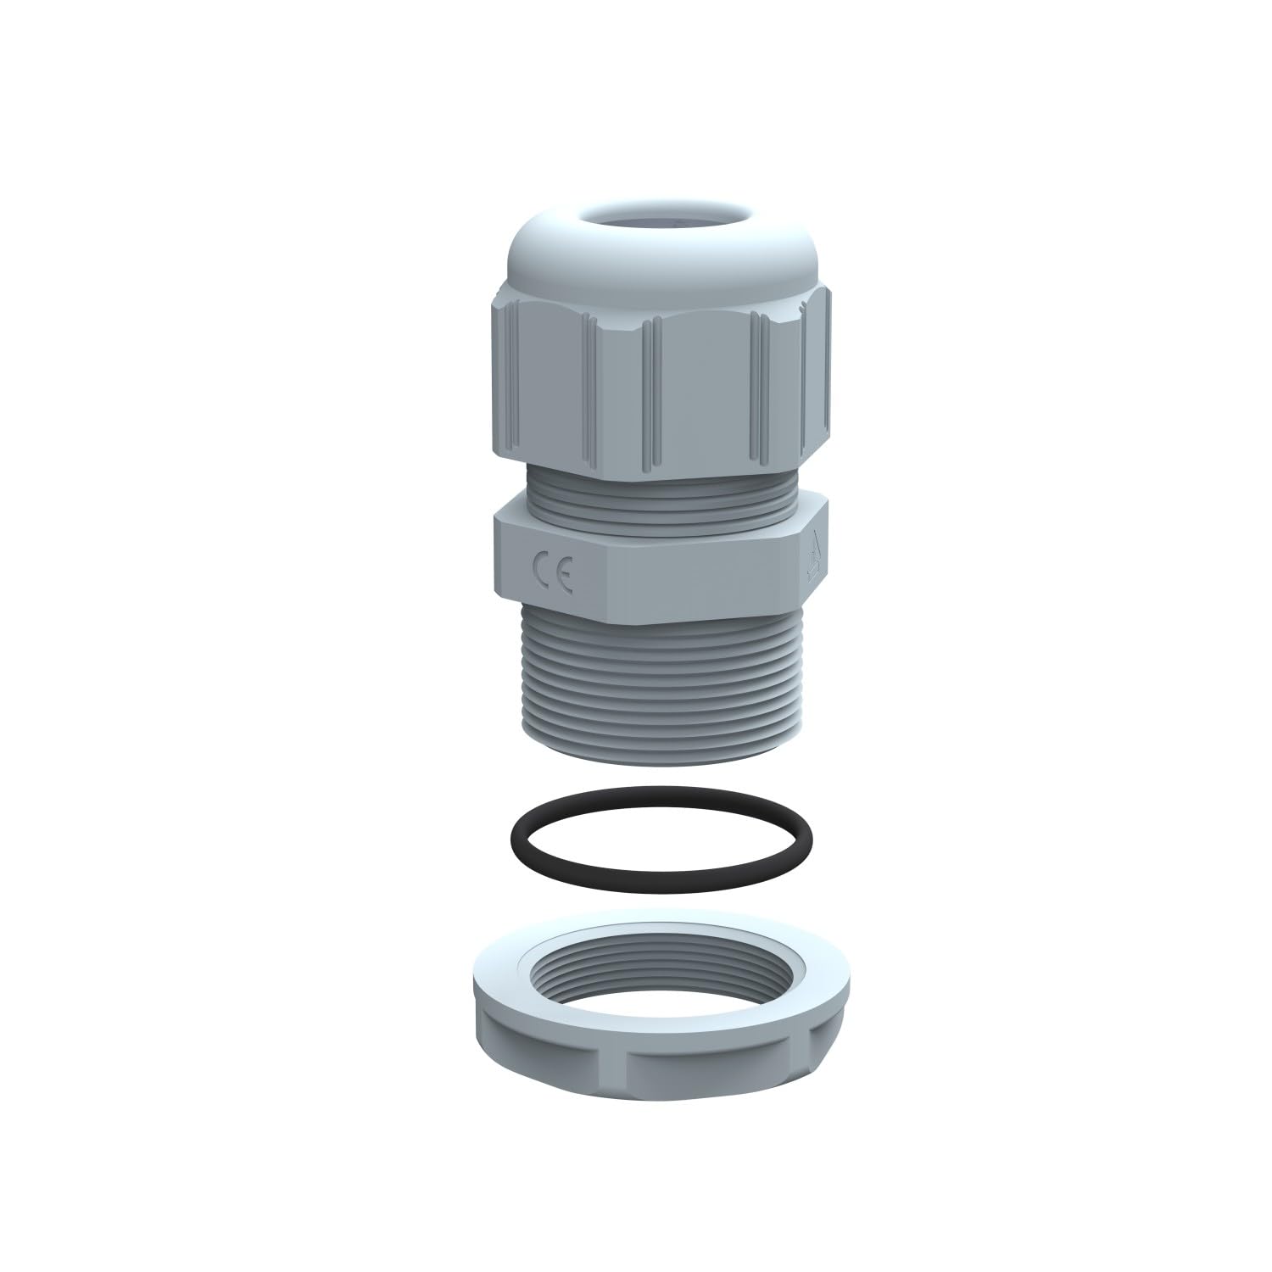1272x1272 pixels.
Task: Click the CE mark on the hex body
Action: [553, 571]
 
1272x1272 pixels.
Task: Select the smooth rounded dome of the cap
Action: [594, 254]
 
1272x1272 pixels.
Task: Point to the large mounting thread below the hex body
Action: [661, 687]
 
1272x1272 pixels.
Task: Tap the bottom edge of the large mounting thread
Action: [661, 760]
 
